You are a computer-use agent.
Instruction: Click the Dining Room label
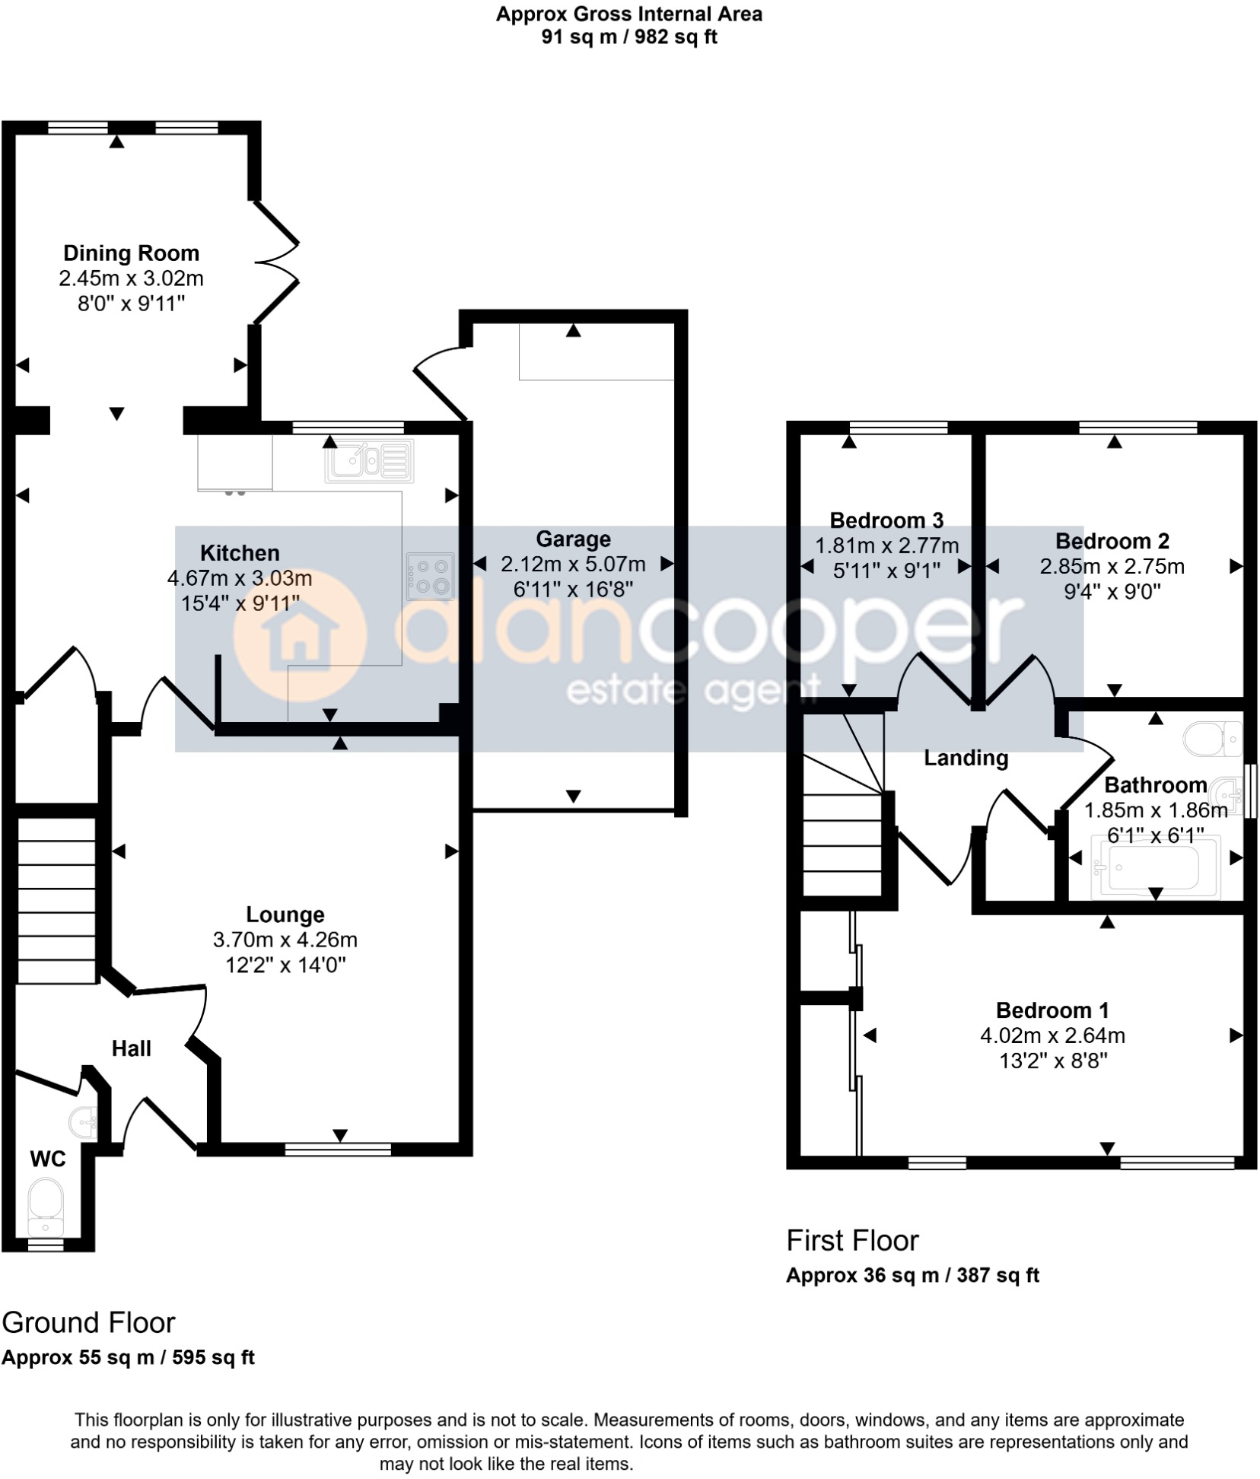coord(131,253)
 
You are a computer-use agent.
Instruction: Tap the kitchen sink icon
coord(370,461)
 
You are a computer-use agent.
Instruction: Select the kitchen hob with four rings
coord(430,576)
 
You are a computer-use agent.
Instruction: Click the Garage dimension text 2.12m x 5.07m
coord(573,565)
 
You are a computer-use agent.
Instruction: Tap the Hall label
coord(131,1048)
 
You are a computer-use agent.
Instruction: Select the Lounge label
coord(285,914)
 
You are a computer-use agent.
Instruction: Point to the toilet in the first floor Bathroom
coord(1213,739)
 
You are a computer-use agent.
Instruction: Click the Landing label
coord(966,758)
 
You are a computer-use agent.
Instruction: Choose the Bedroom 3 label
coord(886,520)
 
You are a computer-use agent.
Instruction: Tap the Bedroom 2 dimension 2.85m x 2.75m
coord(1112,566)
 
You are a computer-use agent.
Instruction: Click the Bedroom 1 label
coord(1052,1010)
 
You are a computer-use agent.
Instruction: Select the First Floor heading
coord(852,1240)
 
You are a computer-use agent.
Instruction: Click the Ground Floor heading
coord(88,1322)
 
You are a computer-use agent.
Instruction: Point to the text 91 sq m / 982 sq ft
coord(629,37)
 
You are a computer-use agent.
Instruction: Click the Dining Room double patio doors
coord(275,262)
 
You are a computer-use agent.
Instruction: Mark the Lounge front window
coord(338,1149)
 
